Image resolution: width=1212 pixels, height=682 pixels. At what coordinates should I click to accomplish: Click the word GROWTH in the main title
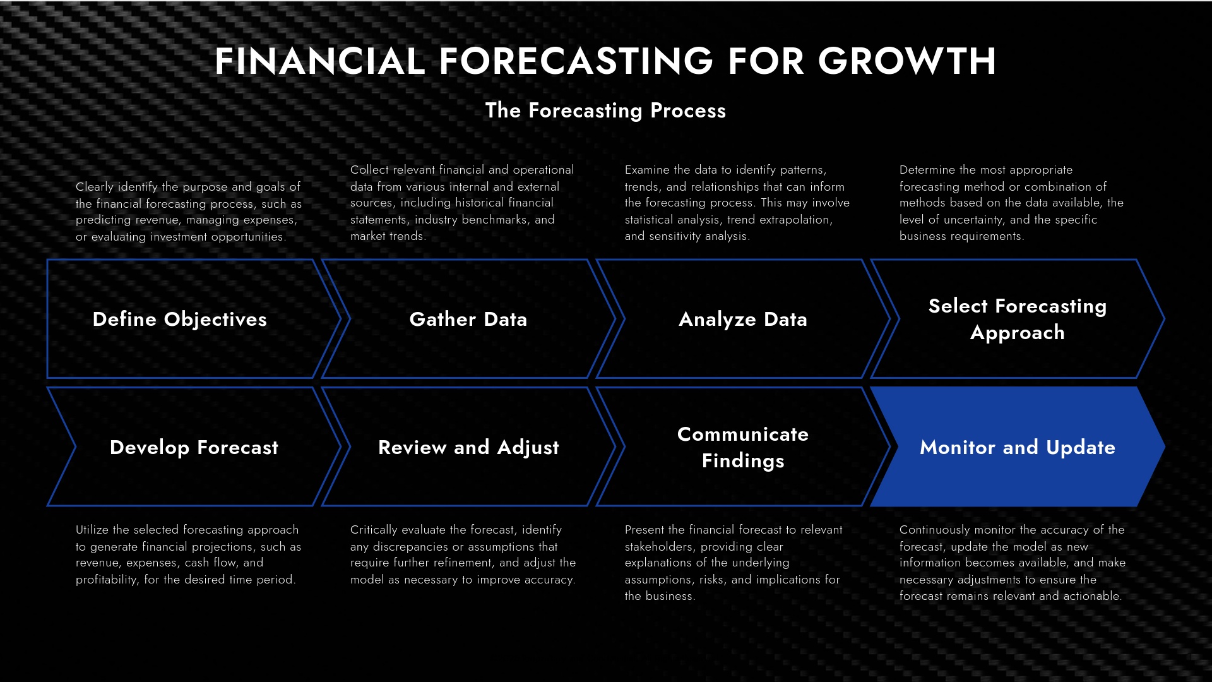point(907,62)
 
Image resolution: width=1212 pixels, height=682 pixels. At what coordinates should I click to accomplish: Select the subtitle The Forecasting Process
point(605,111)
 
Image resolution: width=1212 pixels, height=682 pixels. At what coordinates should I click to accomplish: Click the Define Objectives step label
point(180,320)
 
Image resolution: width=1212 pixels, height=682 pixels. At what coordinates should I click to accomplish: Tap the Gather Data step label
point(468,320)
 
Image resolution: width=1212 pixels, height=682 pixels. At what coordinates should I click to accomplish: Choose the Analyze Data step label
point(742,320)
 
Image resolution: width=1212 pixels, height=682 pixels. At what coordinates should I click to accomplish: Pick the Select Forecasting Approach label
point(1017,319)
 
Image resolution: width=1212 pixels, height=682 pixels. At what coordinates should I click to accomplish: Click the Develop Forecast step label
point(194,448)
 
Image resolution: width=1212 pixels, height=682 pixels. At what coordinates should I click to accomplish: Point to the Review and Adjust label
point(468,448)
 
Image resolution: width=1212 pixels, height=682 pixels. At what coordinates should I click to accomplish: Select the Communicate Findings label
point(742,447)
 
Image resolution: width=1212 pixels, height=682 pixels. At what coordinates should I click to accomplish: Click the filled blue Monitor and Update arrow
point(1017,448)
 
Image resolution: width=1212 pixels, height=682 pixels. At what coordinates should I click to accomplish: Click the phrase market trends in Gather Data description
point(388,236)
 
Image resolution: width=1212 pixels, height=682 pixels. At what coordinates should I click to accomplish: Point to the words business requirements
point(961,236)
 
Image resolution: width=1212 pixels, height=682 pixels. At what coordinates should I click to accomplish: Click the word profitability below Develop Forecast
point(107,580)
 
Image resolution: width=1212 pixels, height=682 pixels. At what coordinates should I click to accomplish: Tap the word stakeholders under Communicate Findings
point(659,547)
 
